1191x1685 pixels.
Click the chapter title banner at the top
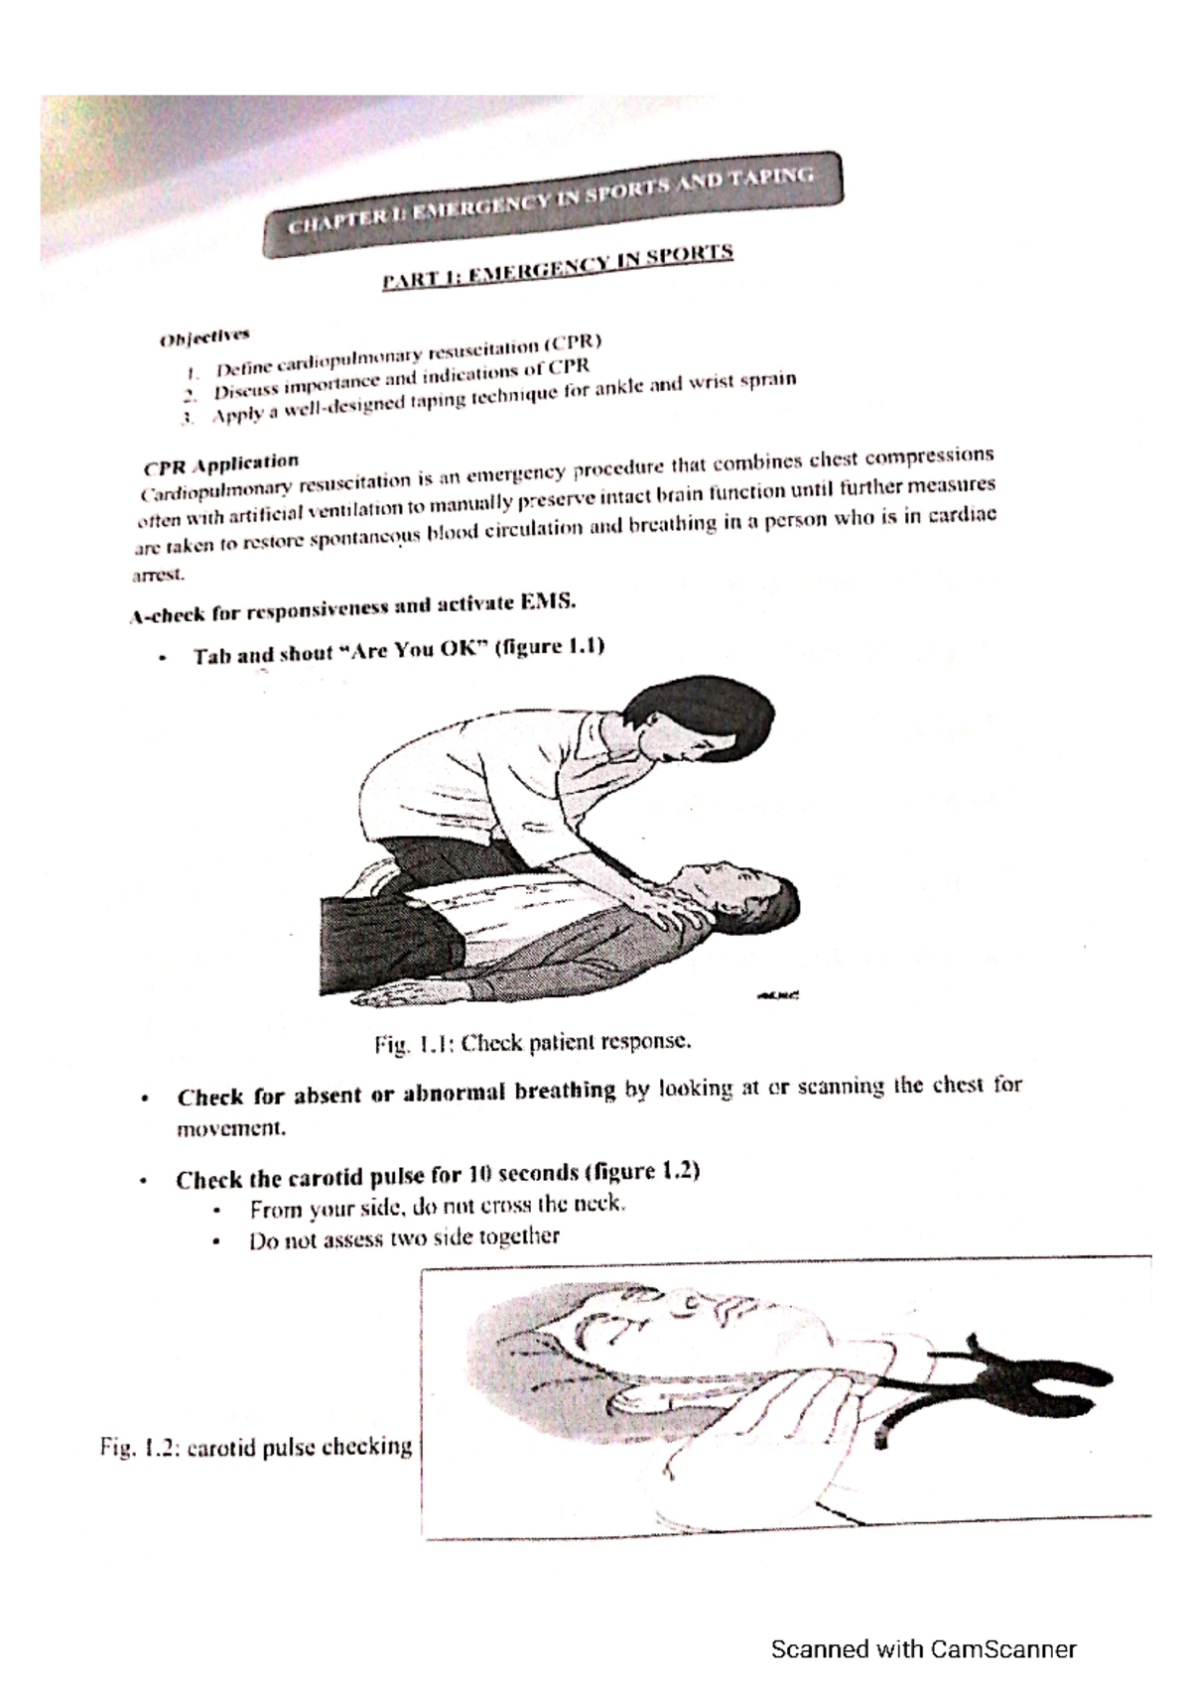click(552, 204)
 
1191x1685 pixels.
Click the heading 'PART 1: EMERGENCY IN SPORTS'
click(558, 267)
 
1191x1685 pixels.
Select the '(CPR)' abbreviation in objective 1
click(573, 343)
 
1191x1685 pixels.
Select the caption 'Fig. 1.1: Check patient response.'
click(531, 1043)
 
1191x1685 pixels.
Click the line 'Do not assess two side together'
click(404, 1237)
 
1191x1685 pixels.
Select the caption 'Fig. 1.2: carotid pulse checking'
click(255, 1447)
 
